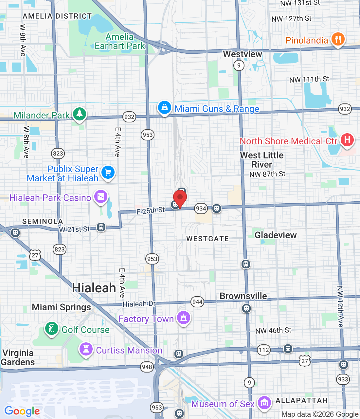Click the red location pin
[x=180, y=198]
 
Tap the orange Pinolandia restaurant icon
[x=338, y=39]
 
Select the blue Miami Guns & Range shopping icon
[x=165, y=107]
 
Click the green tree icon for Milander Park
[x=79, y=114]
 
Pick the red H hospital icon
[x=347, y=140]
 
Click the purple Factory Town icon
[x=184, y=318]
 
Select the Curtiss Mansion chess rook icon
[x=86, y=349]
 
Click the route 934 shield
[x=201, y=208]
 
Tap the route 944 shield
[x=197, y=302]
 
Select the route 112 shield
[x=264, y=350]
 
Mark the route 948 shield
[x=147, y=367]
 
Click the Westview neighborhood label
[x=243, y=54]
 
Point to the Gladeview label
[x=276, y=235]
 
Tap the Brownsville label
[x=243, y=296]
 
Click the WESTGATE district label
[x=207, y=239]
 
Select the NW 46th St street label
[x=273, y=331]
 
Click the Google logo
[x=22, y=411]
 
